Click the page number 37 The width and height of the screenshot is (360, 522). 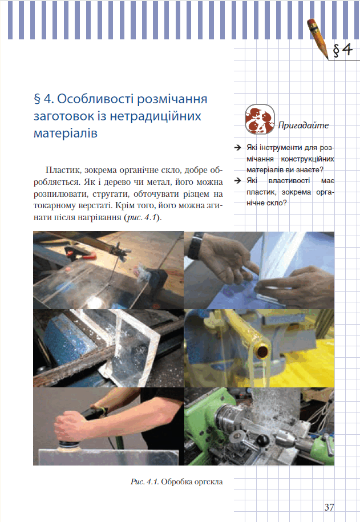point(329,507)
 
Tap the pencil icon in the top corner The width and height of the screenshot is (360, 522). point(318,38)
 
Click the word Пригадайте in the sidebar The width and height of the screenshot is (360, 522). point(304,126)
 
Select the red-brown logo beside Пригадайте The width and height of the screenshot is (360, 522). point(260,119)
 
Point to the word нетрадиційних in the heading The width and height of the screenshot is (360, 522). point(156,116)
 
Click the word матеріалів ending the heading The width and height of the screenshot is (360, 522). point(66,133)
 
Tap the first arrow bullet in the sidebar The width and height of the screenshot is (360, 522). point(237,148)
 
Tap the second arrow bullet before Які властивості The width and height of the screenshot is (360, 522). point(237,181)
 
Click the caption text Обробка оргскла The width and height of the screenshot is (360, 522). point(192,481)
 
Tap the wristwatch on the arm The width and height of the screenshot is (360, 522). point(196,246)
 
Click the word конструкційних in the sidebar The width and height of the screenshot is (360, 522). point(308,159)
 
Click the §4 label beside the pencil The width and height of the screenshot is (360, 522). point(343,50)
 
